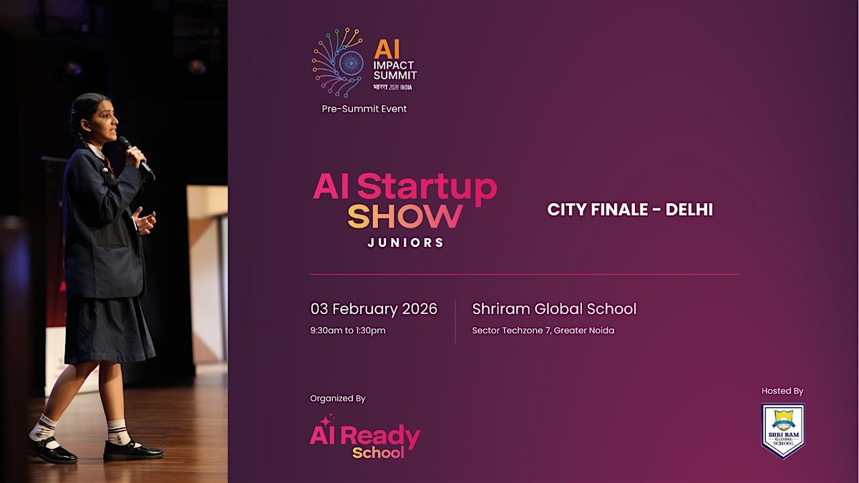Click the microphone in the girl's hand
click(x=136, y=158)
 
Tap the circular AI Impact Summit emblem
click(x=337, y=62)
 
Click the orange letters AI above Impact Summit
click(x=387, y=50)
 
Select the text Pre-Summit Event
click(x=364, y=109)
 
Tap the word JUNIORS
click(x=405, y=243)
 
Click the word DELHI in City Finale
click(x=689, y=209)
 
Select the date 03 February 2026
click(x=374, y=309)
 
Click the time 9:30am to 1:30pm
click(x=348, y=331)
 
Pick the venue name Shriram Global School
click(x=554, y=309)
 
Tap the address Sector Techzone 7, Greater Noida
click(x=543, y=331)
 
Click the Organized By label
click(x=337, y=399)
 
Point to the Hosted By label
click(x=782, y=391)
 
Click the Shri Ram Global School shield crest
click(x=782, y=431)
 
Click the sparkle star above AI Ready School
click(x=326, y=420)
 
